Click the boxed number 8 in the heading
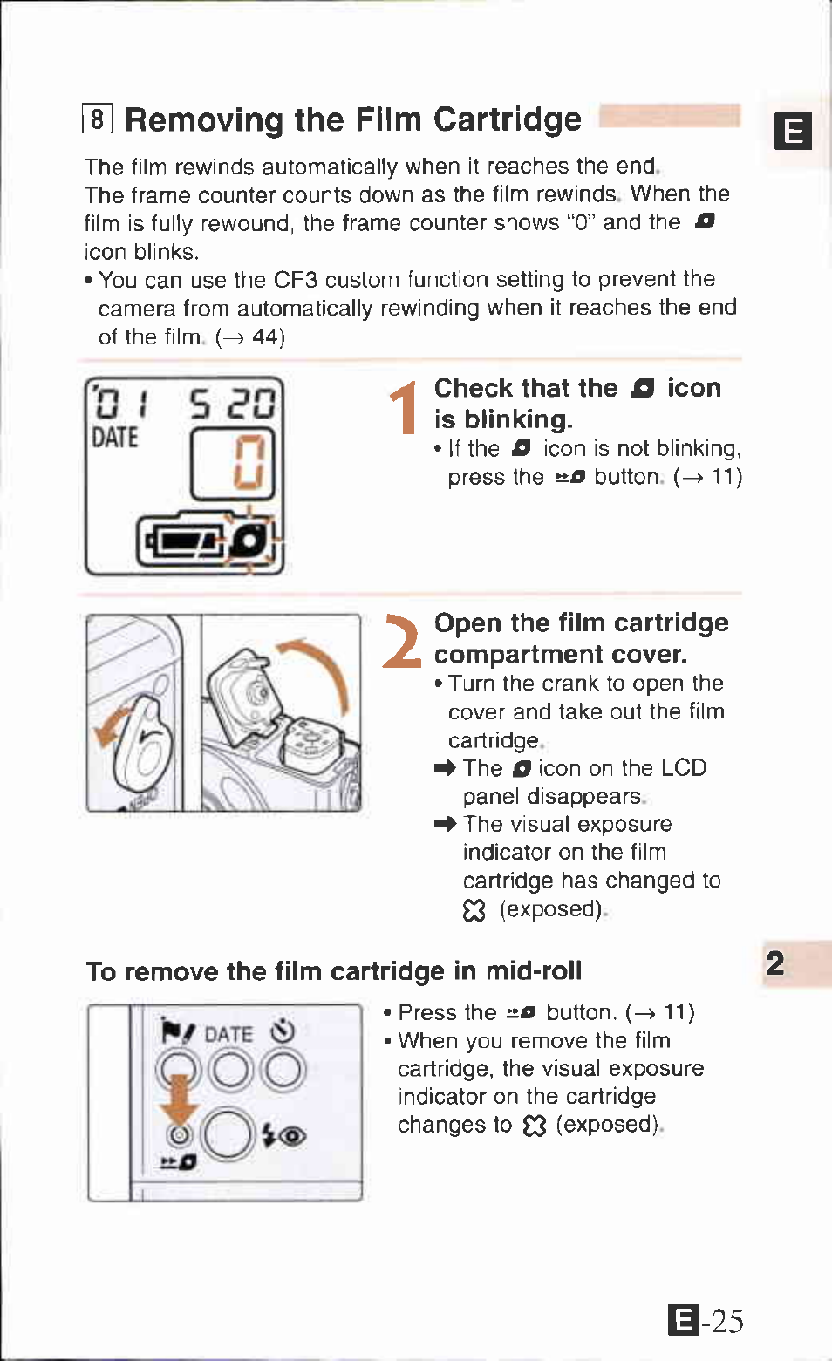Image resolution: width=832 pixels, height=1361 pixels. [98, 118]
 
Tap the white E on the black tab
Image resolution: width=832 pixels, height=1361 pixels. [794, 132]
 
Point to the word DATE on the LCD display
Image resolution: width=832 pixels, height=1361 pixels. [115, 437]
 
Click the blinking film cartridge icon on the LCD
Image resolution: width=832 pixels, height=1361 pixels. [251, 541]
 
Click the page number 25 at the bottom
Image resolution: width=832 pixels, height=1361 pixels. [727, 1322]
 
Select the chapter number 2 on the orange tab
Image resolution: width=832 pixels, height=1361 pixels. [775, 963]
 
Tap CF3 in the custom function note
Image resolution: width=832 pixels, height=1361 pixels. [295, 280]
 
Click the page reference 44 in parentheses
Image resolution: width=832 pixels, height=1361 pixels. [267, 337]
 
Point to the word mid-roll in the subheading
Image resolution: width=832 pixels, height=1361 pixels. [533, 970]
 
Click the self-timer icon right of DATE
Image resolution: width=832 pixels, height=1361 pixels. [283, 1031]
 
